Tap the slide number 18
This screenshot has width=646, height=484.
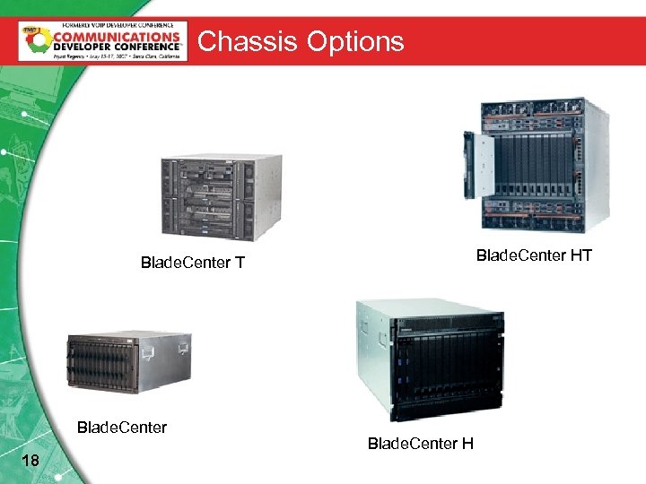tap(30, 461)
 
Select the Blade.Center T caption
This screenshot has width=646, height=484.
tap(193, 263)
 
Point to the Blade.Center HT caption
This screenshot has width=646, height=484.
tap(534, 255)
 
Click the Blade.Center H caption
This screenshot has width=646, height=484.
tap(421, 444)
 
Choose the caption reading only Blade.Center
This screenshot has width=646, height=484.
tap(122, 427)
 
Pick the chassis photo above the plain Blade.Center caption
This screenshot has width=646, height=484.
tap(128, 362)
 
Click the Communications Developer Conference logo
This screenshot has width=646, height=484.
tap(103, 41)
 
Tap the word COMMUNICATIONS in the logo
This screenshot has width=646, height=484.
tap(116, 38)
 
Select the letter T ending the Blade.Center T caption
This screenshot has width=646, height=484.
tap(240, 263)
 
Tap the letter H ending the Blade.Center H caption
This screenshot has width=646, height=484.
tap(467, 444)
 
